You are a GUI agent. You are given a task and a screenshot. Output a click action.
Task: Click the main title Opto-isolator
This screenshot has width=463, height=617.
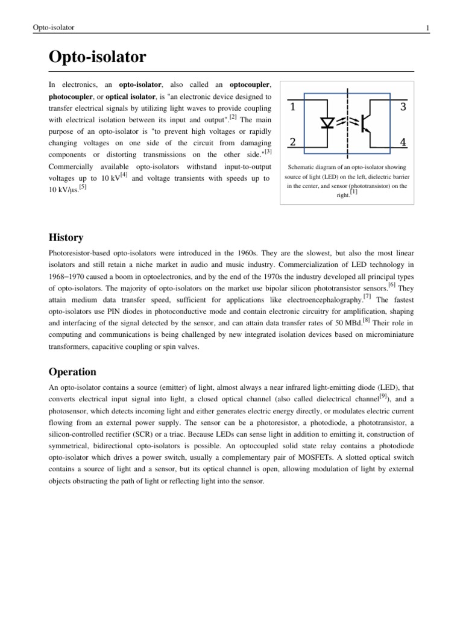[97, 58]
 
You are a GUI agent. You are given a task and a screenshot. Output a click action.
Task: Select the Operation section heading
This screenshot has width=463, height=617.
[72, 372]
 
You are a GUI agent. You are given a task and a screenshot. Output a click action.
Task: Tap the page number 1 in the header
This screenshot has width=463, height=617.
[427, 28]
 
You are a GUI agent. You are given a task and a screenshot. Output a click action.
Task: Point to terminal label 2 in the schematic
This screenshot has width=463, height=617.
[292, 143]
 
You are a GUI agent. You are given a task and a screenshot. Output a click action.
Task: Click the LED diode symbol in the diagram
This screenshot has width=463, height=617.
[328, 123]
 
